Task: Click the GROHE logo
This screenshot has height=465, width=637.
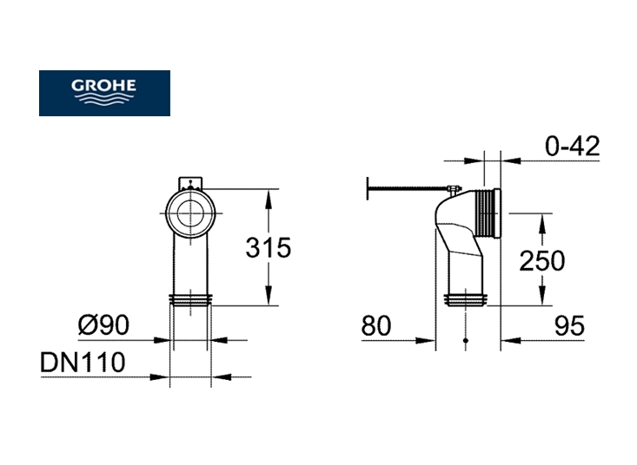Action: (x=104, y=93)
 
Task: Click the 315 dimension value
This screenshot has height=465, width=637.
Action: (x=269, y=247)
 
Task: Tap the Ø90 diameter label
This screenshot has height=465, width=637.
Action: (x=103, y=324)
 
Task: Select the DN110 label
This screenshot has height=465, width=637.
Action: (x=83, y=362)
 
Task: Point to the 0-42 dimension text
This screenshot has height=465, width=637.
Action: (x=572, y=146)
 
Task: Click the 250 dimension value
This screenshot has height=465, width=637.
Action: (x=542, y=260)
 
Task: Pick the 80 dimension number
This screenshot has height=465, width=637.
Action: (x=376, y=325)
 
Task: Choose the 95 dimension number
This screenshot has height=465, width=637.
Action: (x=569, y=325)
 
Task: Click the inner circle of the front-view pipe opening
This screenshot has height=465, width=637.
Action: (x=190, y=213)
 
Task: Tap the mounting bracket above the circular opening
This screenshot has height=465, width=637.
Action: (x=190, y=183)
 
